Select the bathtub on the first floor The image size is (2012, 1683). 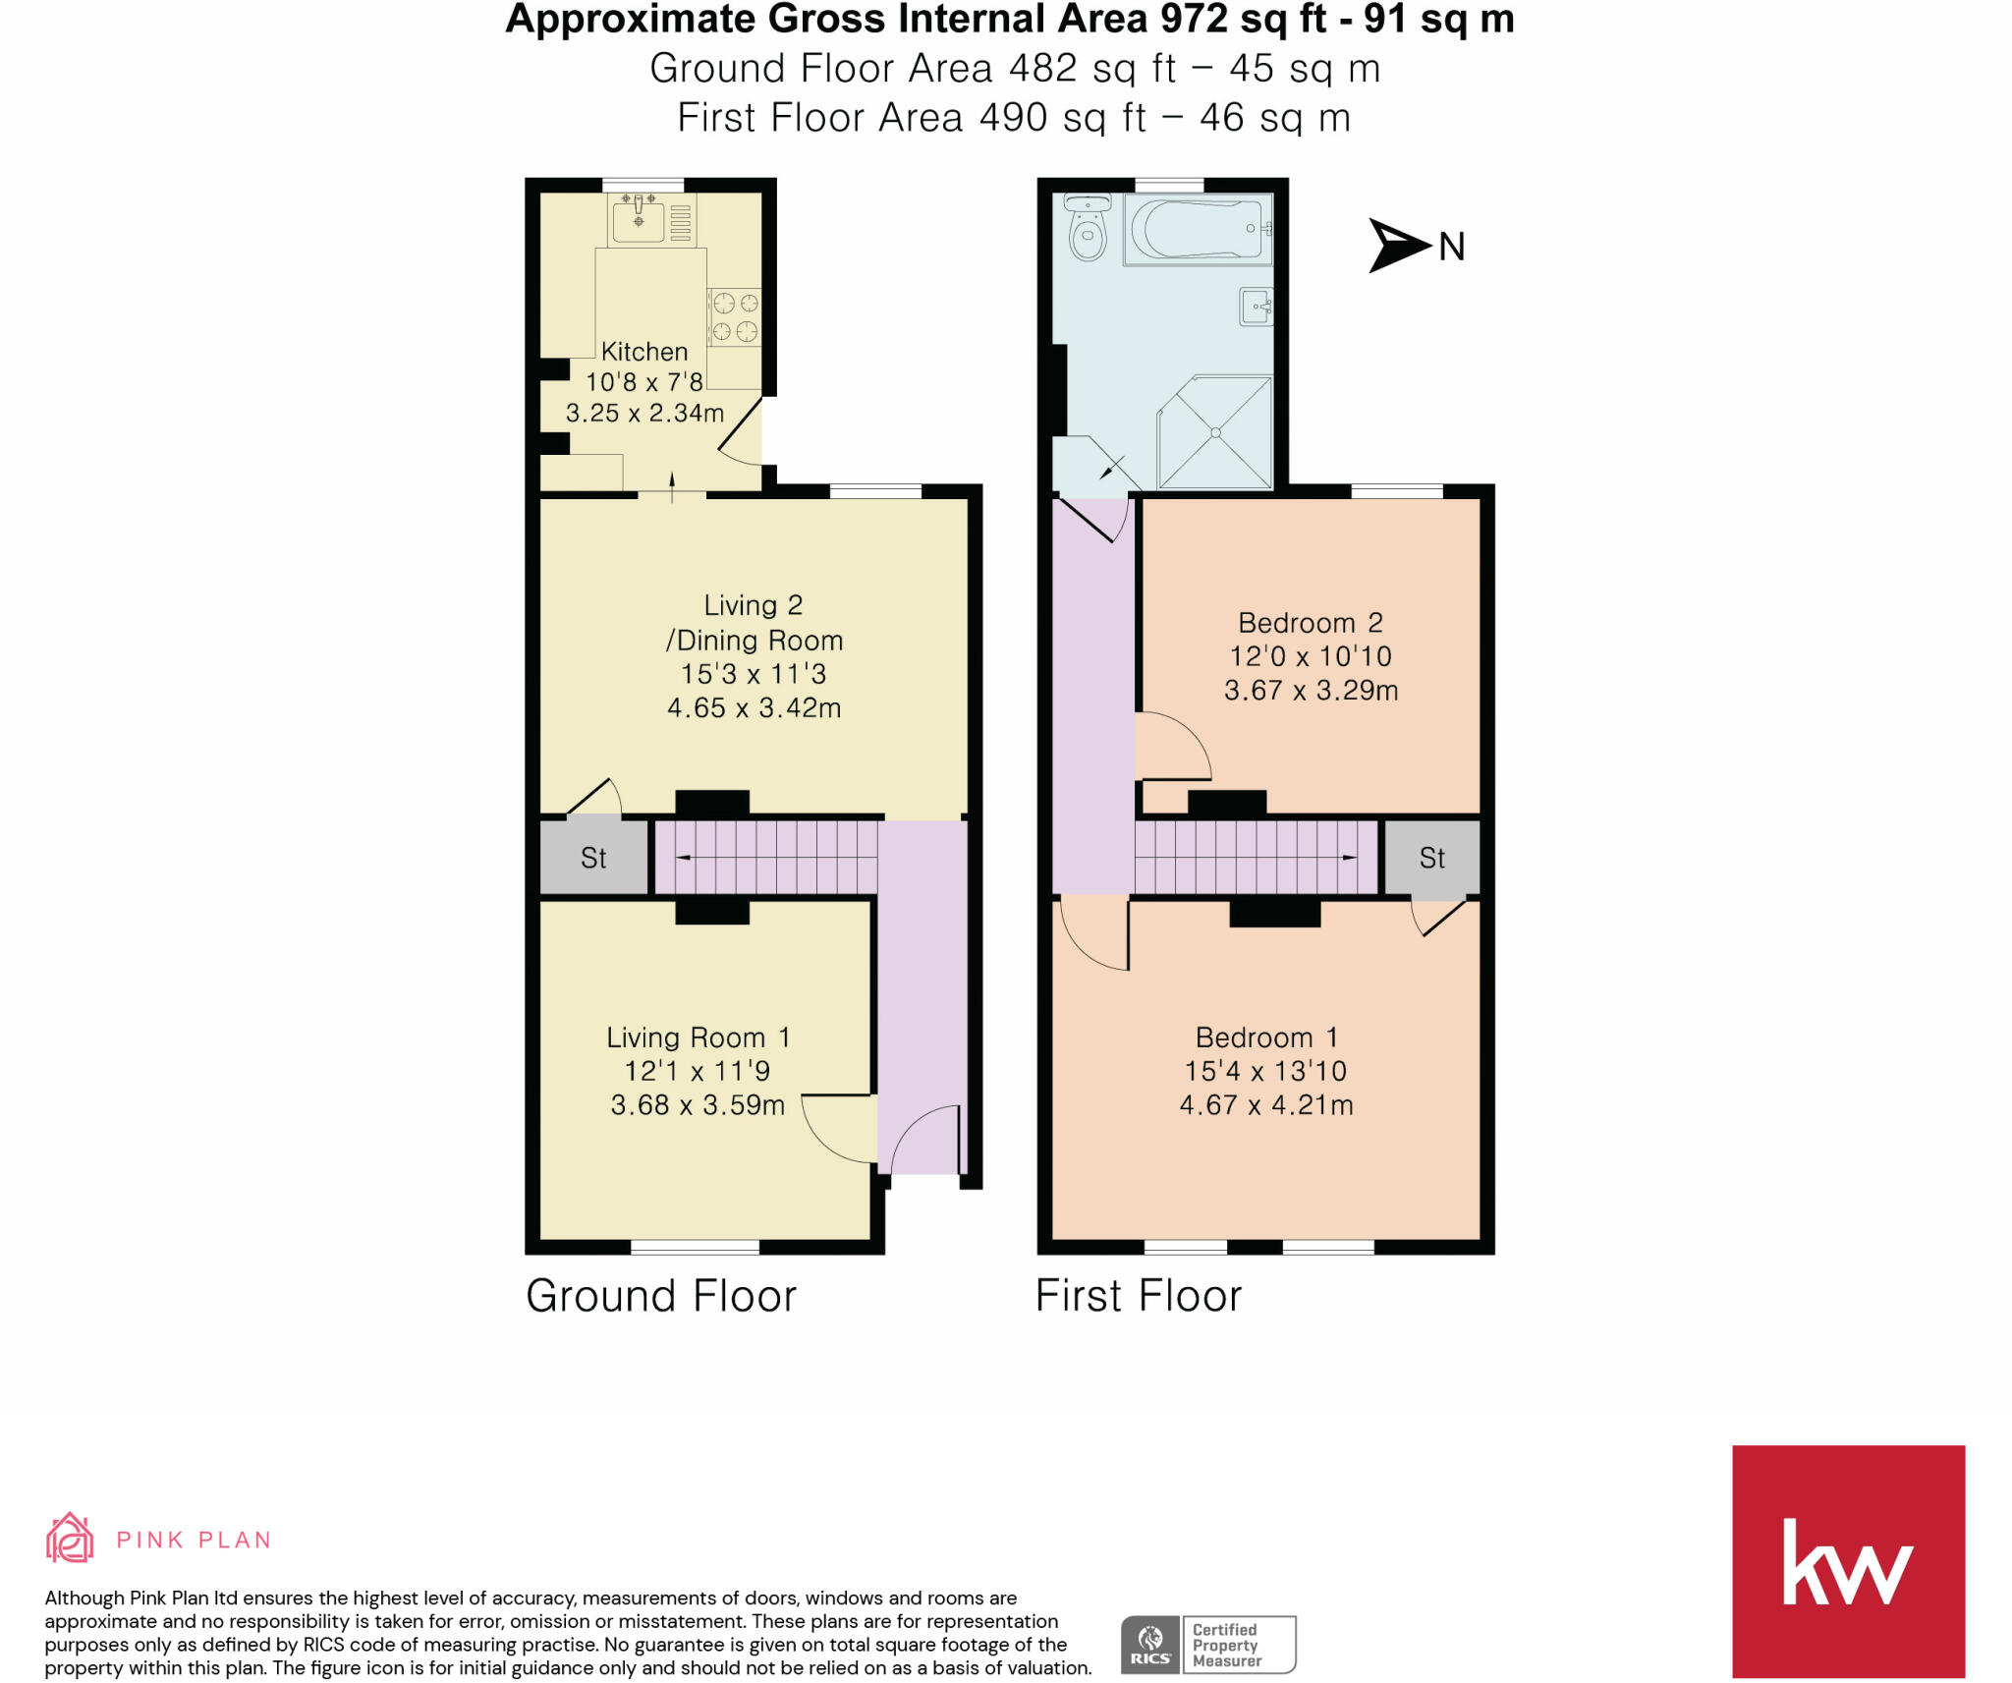1198,229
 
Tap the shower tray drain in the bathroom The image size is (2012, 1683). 1216,432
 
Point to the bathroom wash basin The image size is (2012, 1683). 1257,306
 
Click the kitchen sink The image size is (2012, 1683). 639,217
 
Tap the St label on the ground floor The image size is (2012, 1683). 593,858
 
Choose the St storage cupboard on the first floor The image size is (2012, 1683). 1431,858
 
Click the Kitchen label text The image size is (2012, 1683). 644,352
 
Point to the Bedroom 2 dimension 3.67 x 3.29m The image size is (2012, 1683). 1311,690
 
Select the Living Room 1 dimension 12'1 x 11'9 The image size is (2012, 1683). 698,1071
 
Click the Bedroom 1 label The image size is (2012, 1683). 1266,1038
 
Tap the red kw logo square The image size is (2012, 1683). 1848,1561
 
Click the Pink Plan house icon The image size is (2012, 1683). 70,1538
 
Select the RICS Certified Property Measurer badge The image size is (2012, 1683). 1208,1645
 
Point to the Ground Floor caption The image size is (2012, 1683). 661,1296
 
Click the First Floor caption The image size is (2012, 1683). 1139,1296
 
